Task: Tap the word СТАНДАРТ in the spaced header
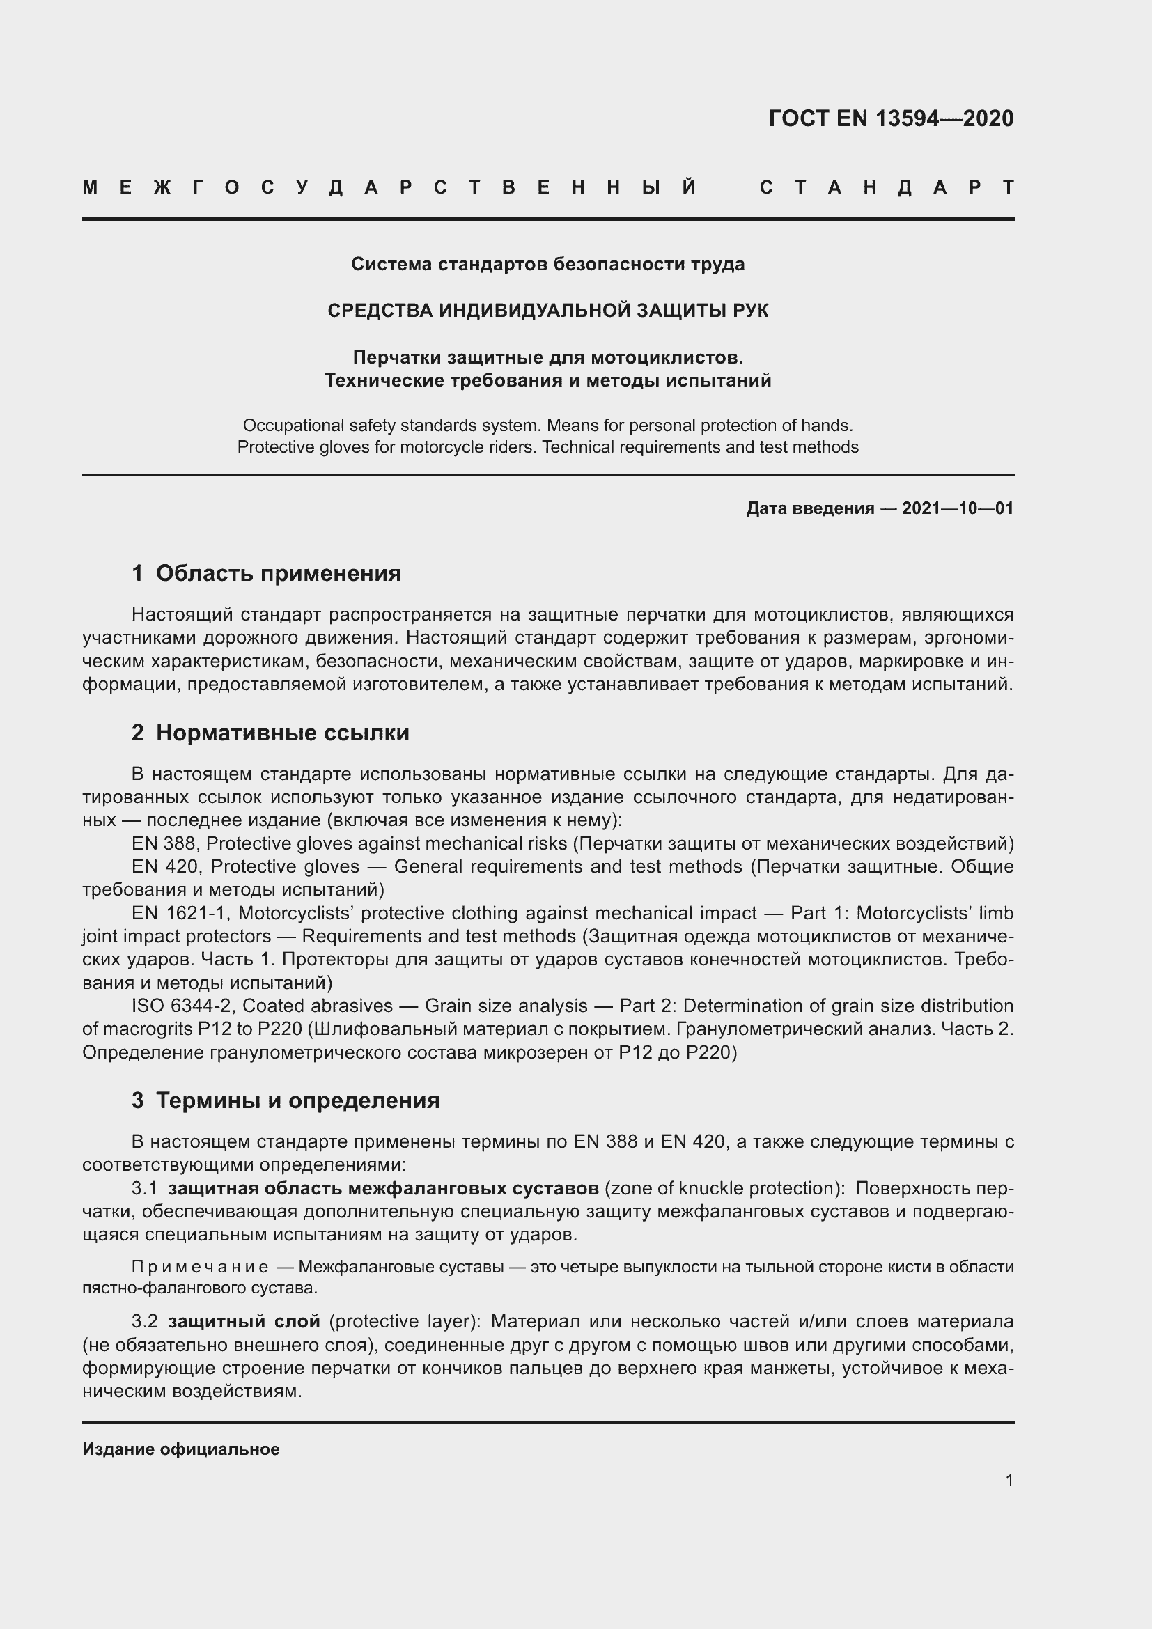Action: coord(887,188)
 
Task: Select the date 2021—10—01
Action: coord(958,508)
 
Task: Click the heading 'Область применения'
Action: coord(278,573)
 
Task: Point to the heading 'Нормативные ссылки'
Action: coord(282,733)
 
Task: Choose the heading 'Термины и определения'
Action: coord(297,1100)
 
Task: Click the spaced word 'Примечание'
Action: coord(200,1267)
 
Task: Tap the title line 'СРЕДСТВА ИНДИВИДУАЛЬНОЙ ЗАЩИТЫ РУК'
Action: coord(547,311)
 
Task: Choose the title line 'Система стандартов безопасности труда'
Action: coord(547,265)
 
